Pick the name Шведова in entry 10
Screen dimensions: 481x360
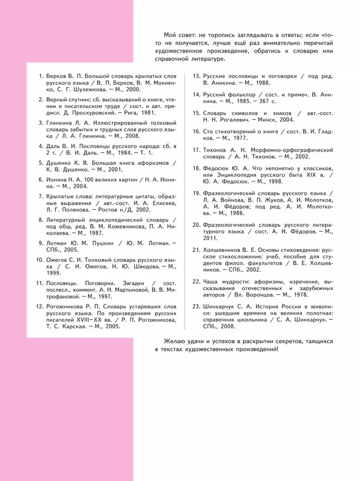tap(140, 266)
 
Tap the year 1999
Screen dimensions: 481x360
tap(54, 273)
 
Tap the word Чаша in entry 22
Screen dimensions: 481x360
tap(212, 281)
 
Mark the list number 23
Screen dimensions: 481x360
tap(196, 306)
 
